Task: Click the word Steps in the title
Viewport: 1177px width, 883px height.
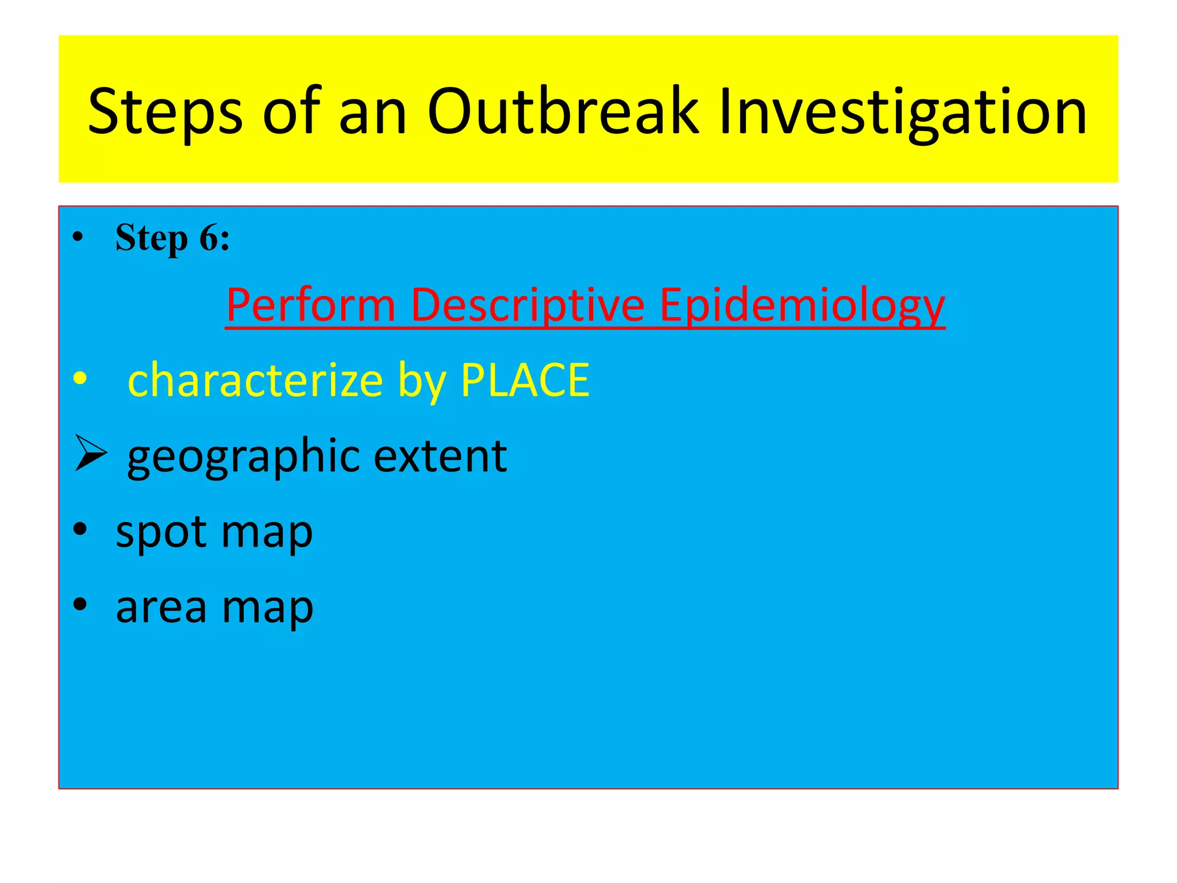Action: point(166,112)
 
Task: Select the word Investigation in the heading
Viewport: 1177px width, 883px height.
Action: point(903,112)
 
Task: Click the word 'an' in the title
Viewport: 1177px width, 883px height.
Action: point(373,112)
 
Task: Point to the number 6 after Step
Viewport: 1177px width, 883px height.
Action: point(208,238)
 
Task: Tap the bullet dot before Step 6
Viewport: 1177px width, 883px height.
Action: point(78,237)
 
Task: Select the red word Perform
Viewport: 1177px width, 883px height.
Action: point(311,305)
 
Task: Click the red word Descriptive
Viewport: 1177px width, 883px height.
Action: point(528,305)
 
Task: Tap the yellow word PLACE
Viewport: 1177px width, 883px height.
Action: point(525,379)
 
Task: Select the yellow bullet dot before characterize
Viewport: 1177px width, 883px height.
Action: point(80,379)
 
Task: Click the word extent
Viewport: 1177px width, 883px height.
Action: point(440,456)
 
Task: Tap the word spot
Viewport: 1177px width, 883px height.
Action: point(161,532)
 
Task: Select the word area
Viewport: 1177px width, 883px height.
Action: point(161,607)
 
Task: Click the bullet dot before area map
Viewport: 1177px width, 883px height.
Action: point(80,604)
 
